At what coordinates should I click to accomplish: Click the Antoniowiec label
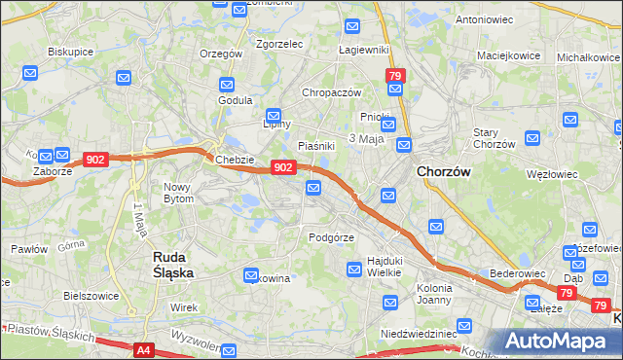click(x=484, y=18)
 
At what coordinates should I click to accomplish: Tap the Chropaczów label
click(x=331, y=92)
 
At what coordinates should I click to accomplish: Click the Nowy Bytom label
click(x=178, y=192)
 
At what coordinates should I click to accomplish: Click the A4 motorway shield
click(x=144, y=349)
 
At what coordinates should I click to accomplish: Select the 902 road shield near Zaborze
click(x=95, y=160)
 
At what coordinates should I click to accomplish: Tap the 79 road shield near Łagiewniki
click(x=394, y=75)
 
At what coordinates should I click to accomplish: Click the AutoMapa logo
click(x=563, y=340)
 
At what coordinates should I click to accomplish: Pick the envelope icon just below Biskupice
click(x=30, y=73)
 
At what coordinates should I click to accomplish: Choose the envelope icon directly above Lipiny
click(x=274, y=114)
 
